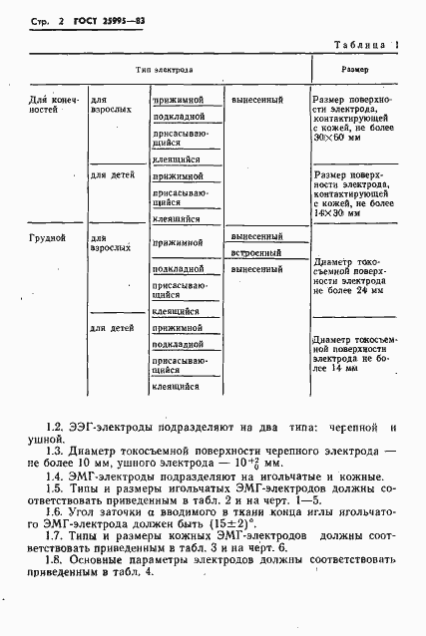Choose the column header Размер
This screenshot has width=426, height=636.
[x=355, y=71]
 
